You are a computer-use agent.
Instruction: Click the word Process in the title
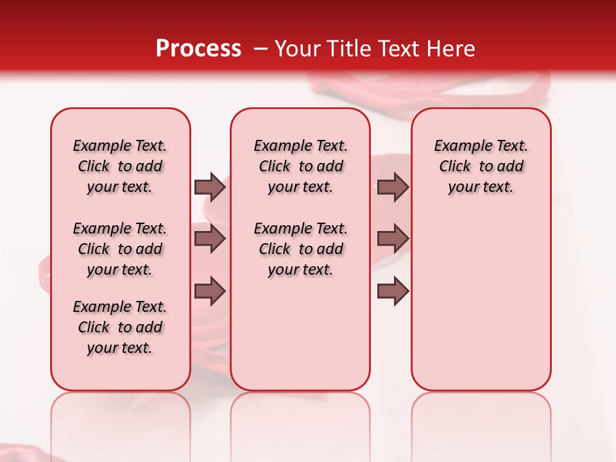(198, 49)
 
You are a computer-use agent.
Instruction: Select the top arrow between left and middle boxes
(210, 187)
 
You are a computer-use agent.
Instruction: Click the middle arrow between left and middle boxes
(210, 239)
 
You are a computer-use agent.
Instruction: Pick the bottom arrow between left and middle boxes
(210, 291)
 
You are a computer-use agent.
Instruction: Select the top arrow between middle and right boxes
(393, 187)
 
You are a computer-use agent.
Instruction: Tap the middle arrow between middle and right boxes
(393, 239)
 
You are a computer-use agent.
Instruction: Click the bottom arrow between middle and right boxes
(393, 291)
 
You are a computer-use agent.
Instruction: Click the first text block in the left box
(120, 166)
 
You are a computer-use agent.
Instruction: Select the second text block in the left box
(120, 249)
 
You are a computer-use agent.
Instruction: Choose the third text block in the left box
(120, 327)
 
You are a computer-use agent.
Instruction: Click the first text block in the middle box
(300, 166)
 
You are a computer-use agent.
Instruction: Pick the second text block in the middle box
(300, 249)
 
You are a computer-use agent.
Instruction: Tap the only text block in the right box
(481, 166)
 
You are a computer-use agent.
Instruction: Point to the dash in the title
(261, 49)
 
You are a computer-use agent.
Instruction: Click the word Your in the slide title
(298, 49)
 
